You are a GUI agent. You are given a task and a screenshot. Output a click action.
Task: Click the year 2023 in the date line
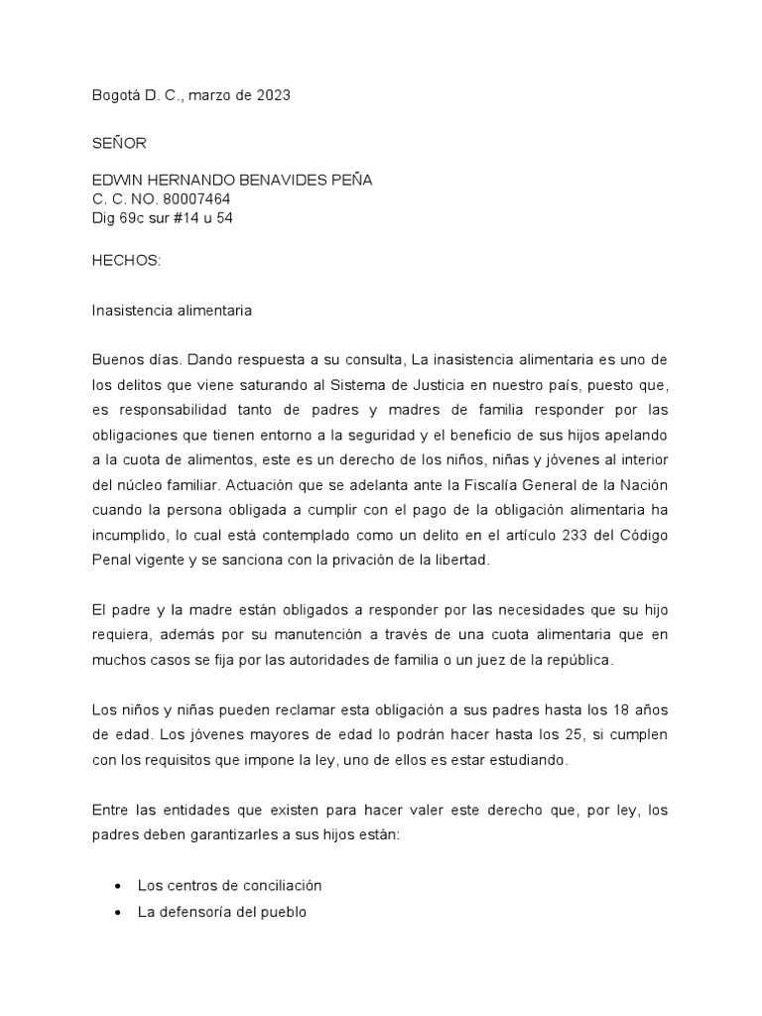[273, 95]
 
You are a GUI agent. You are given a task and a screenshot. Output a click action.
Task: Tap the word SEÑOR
[119, 143]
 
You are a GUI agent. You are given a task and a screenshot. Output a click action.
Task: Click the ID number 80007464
[195, 198]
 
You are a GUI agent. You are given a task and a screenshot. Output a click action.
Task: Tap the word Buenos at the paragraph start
[117, 357]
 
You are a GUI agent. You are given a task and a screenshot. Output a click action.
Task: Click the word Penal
[110, 561]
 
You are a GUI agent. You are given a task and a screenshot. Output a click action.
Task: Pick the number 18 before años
[611, 711]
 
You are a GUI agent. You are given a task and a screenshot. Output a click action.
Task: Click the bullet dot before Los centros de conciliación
[119, 886]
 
